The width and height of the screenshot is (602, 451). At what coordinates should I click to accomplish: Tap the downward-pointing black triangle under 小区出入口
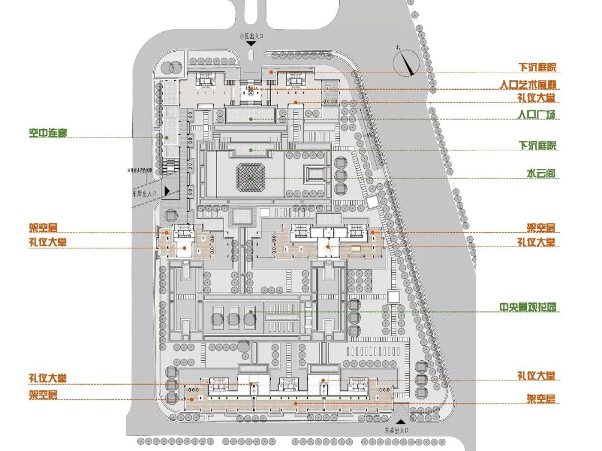coord(251,43)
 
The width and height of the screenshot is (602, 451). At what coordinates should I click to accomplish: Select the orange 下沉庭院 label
coord(537,67)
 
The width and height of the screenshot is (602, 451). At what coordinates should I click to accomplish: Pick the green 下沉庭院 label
coord(537,146)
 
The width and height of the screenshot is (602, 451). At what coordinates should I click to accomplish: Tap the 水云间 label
coord(541,174)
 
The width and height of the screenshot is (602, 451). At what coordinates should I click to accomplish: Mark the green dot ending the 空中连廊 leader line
coord(167,138)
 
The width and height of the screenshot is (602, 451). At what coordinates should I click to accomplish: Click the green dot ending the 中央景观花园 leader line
coord(251,312)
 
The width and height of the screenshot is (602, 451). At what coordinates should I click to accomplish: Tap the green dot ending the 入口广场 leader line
coord(251,119)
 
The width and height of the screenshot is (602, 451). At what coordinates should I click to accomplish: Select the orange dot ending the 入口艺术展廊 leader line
coord(265,89)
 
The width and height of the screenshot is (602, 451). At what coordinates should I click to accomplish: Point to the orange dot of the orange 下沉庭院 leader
coord(271,71)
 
